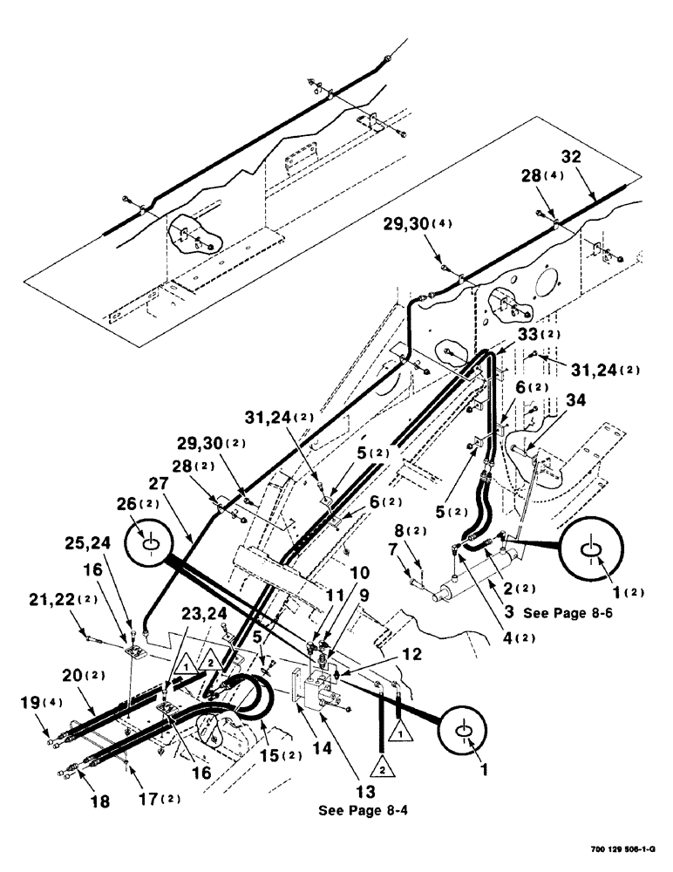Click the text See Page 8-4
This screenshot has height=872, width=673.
pos(365,807)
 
